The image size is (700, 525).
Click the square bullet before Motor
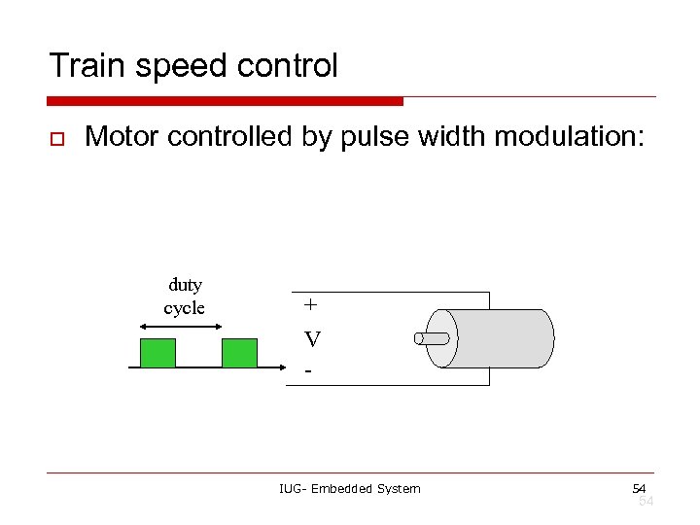tap(56, 138)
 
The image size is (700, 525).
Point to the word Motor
tap(122, 136)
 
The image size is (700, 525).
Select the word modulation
tap(569, 136)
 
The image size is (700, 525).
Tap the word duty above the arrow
tap(185, 285)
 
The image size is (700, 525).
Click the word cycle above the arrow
tap(185, 308)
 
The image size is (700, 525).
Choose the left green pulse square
tap(157, 353)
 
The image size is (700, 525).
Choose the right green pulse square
tap(239, 353)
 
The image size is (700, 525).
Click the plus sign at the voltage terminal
tap(310, 304)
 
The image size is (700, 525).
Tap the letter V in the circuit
tap(312, 339)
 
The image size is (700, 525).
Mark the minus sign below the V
tap(308, 370)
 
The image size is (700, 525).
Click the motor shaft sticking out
tap(432, 338)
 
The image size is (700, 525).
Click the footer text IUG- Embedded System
tap(349, 488)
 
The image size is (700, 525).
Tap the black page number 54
tap(639, 487)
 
